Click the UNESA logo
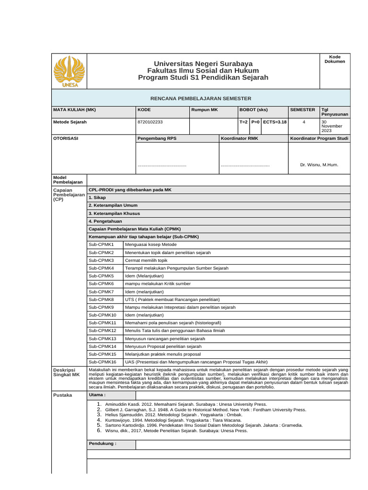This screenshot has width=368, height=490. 70,71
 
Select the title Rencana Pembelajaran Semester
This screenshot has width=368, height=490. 201,98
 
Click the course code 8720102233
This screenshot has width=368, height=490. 150,122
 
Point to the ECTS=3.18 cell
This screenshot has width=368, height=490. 275,122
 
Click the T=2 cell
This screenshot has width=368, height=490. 243,122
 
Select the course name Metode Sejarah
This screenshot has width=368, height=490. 70,122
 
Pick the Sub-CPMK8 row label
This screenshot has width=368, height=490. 102,299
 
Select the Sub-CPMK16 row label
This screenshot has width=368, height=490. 103,362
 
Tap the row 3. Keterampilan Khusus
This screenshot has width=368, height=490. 115,213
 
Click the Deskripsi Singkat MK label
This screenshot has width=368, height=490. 66,373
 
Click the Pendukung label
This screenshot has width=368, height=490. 103,444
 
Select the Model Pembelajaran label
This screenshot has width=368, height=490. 68,179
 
